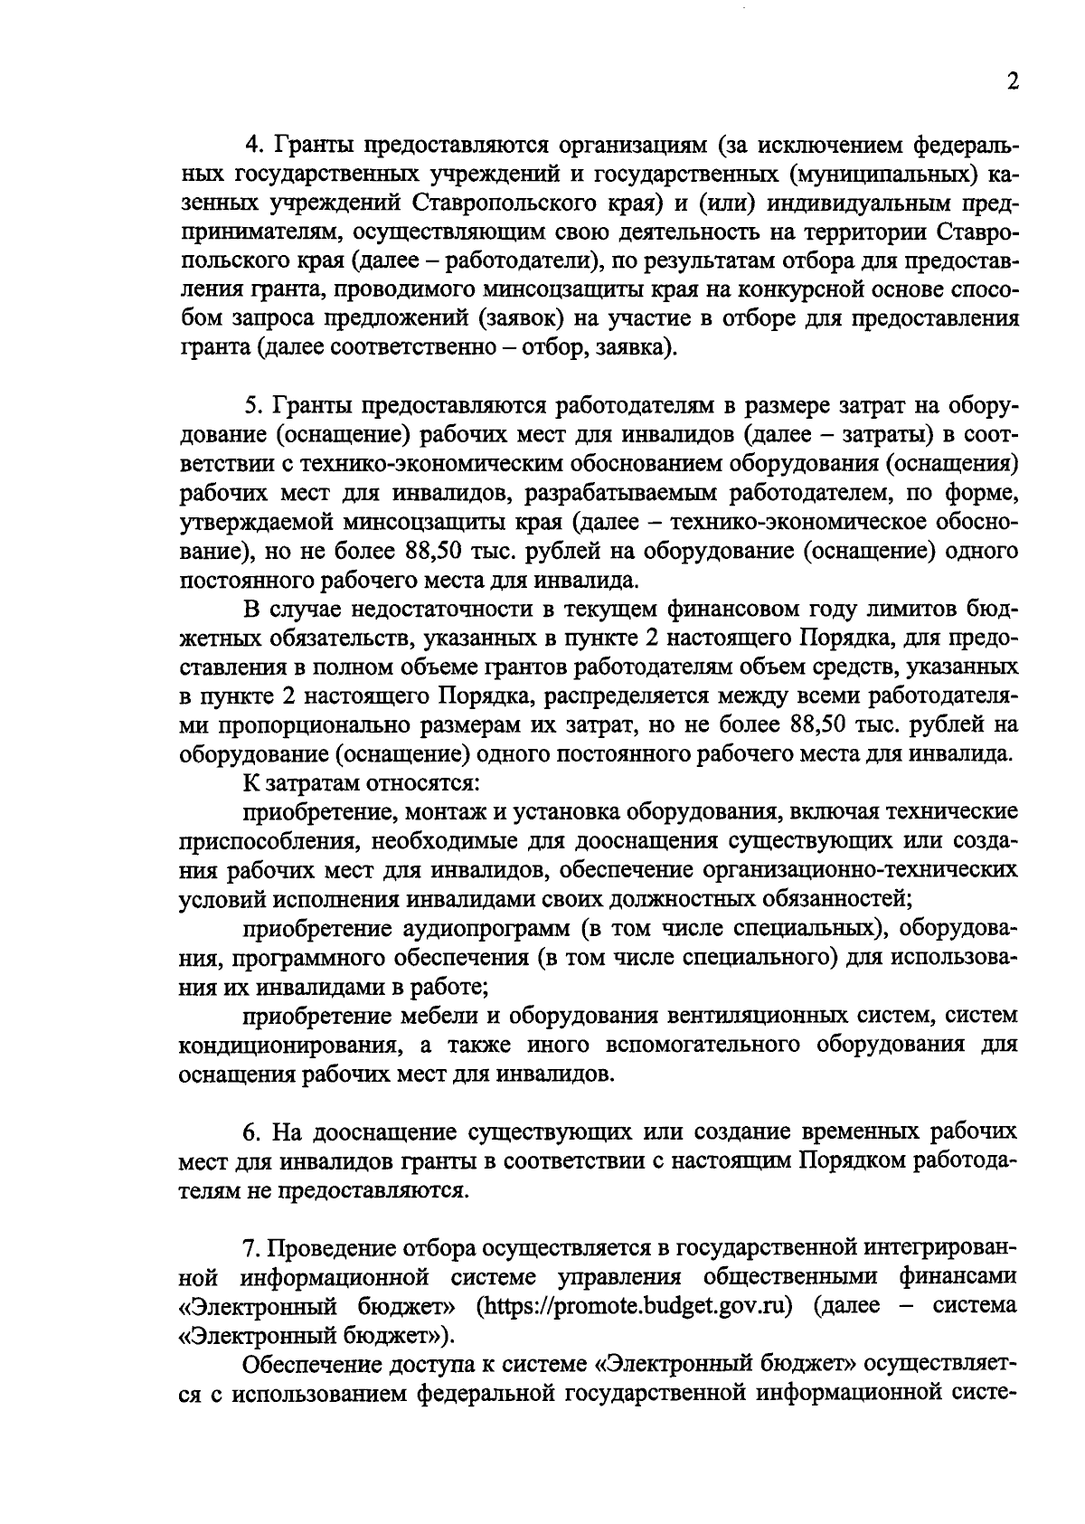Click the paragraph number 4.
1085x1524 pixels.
(x=252, y=146)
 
